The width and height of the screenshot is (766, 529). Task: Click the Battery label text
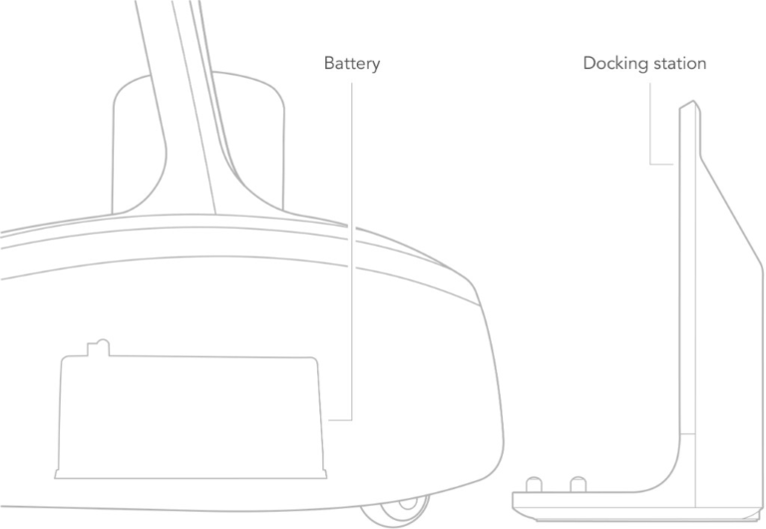click(352, 64)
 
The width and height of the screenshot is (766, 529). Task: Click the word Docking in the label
click(616, 64)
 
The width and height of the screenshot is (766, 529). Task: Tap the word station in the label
click(680, 63)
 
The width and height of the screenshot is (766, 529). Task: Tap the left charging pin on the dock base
click(534, 484)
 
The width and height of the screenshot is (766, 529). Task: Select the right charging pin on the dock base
click(578, 484)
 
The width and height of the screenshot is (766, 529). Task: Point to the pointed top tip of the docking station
click(694, 101)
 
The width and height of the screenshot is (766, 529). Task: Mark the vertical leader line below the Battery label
click(352, 251)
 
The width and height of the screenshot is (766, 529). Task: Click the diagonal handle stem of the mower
click(195, 108)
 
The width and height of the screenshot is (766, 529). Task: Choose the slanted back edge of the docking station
click(731, 212)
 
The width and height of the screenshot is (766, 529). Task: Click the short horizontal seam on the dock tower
click(687, 433)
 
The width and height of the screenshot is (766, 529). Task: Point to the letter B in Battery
click(330, 63)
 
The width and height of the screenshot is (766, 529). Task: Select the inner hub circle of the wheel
click(408, 503)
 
